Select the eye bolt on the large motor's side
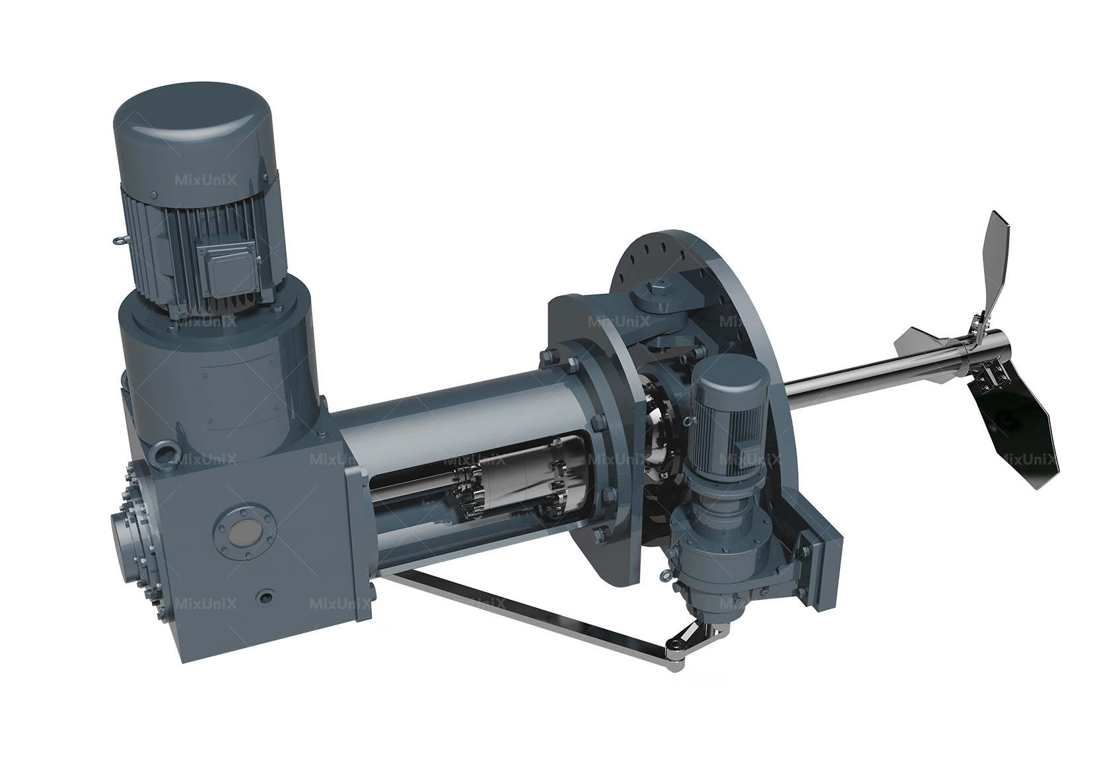[x=120, y=239]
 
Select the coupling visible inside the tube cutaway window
[x=502, y=489]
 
